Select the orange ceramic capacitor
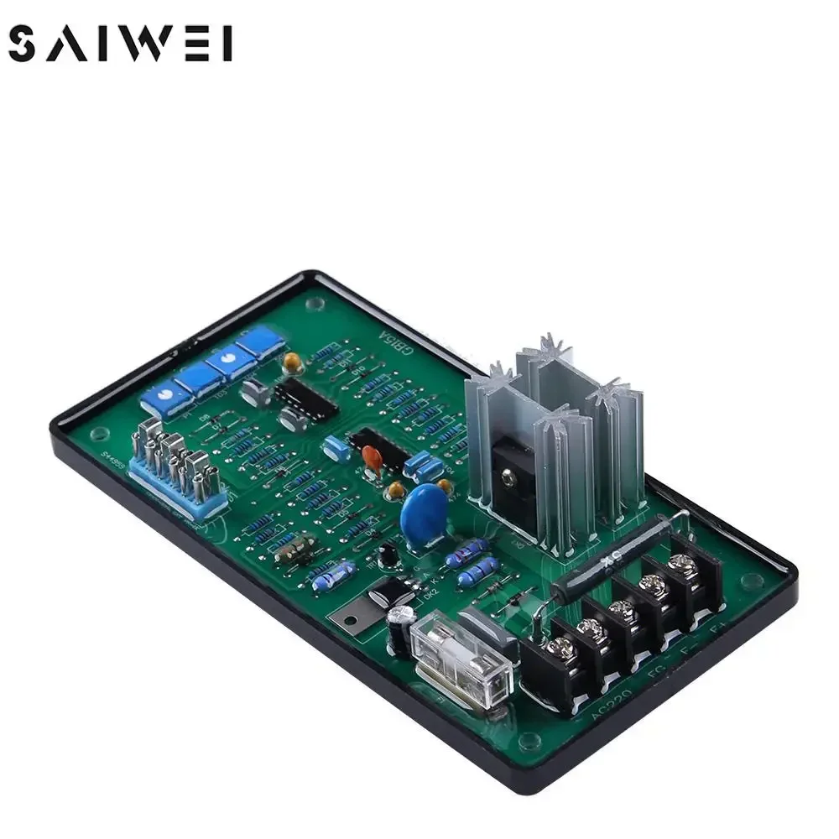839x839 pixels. (x=373, y=457)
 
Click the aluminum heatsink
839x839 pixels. (x=554, y=436)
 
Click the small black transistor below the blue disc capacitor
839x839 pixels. (x=387, y=554)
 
